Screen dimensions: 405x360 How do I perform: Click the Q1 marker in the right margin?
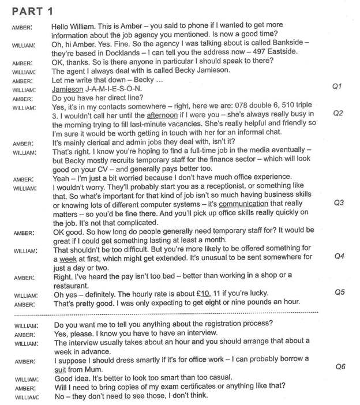(338, 87)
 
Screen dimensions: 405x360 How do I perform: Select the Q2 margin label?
(338, 113)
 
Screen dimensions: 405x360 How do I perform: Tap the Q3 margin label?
(339, 203)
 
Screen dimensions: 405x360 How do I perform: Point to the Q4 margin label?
(339, 256)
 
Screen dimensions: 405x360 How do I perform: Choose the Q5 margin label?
(339, 292)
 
